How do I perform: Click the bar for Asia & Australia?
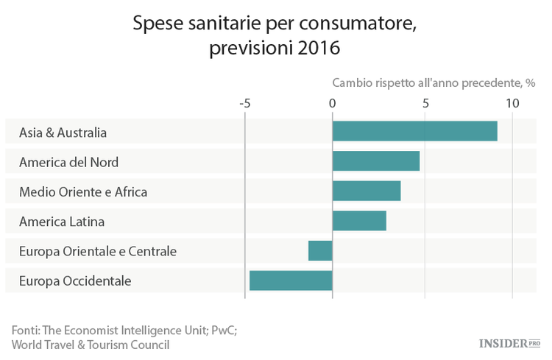click(414, 131)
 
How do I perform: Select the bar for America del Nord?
click(375, 160)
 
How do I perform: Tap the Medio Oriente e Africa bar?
click(366, 191)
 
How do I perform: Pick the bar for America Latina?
click(358, 220)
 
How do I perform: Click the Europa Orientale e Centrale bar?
click(320, 250)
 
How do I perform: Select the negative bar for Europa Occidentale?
click(291, 280)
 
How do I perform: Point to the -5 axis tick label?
click(245, 103)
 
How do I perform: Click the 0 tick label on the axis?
click(333, 103)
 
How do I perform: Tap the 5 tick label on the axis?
click(425, 103)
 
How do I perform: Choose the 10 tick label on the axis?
click(512, 103)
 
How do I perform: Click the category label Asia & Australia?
click(63, 133)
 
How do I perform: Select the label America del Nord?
click(68, 162)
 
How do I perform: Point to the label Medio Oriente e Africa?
click(83, 191)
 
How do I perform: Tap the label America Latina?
click(62, 221)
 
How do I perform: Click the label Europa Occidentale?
click(75, 280)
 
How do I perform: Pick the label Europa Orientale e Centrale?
click(98, 251)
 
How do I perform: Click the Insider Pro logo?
click(509, 343)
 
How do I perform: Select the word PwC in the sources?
click(223, 330)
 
